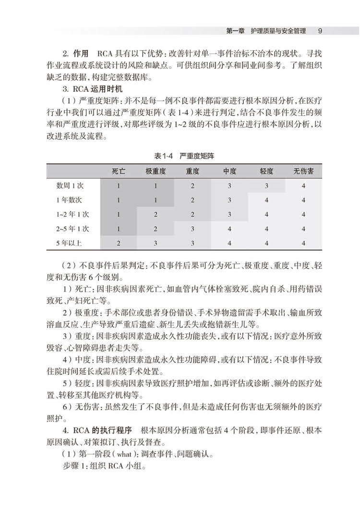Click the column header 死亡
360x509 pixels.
coord(119,171)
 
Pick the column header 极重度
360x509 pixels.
coord(156,171)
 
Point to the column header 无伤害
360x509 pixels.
coord(303,171)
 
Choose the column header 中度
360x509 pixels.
coord(230,171)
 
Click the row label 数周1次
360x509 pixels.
coord(69,186)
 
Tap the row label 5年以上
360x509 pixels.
coord(69,243)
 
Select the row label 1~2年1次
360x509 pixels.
coord(72,214)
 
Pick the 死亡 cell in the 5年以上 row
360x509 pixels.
coord(119,243)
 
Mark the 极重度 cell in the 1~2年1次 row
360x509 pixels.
coord(156,214)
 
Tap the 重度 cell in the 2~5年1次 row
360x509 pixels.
coord(192,228)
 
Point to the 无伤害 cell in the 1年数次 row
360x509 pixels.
coord(303,200)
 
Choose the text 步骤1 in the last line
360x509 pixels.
coord(74,466)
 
